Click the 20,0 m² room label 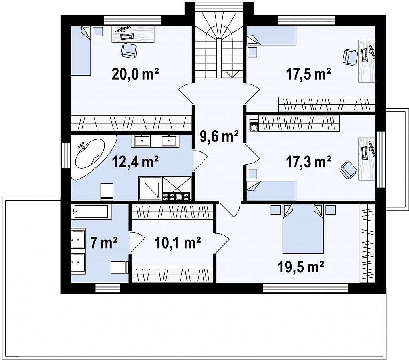coord(135,74)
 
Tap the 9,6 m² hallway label coord(219,136)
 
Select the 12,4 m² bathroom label coord(135,162)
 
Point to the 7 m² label coord(104,243)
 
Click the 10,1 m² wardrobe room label coord(178,243)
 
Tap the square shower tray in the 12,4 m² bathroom coord(150,188)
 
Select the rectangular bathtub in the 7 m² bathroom coord(91,212)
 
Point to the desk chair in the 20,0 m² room coord(129,51)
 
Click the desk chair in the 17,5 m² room coord(350,57)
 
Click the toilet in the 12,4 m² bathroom coord(107,192)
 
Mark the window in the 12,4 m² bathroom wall coord(66,155)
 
